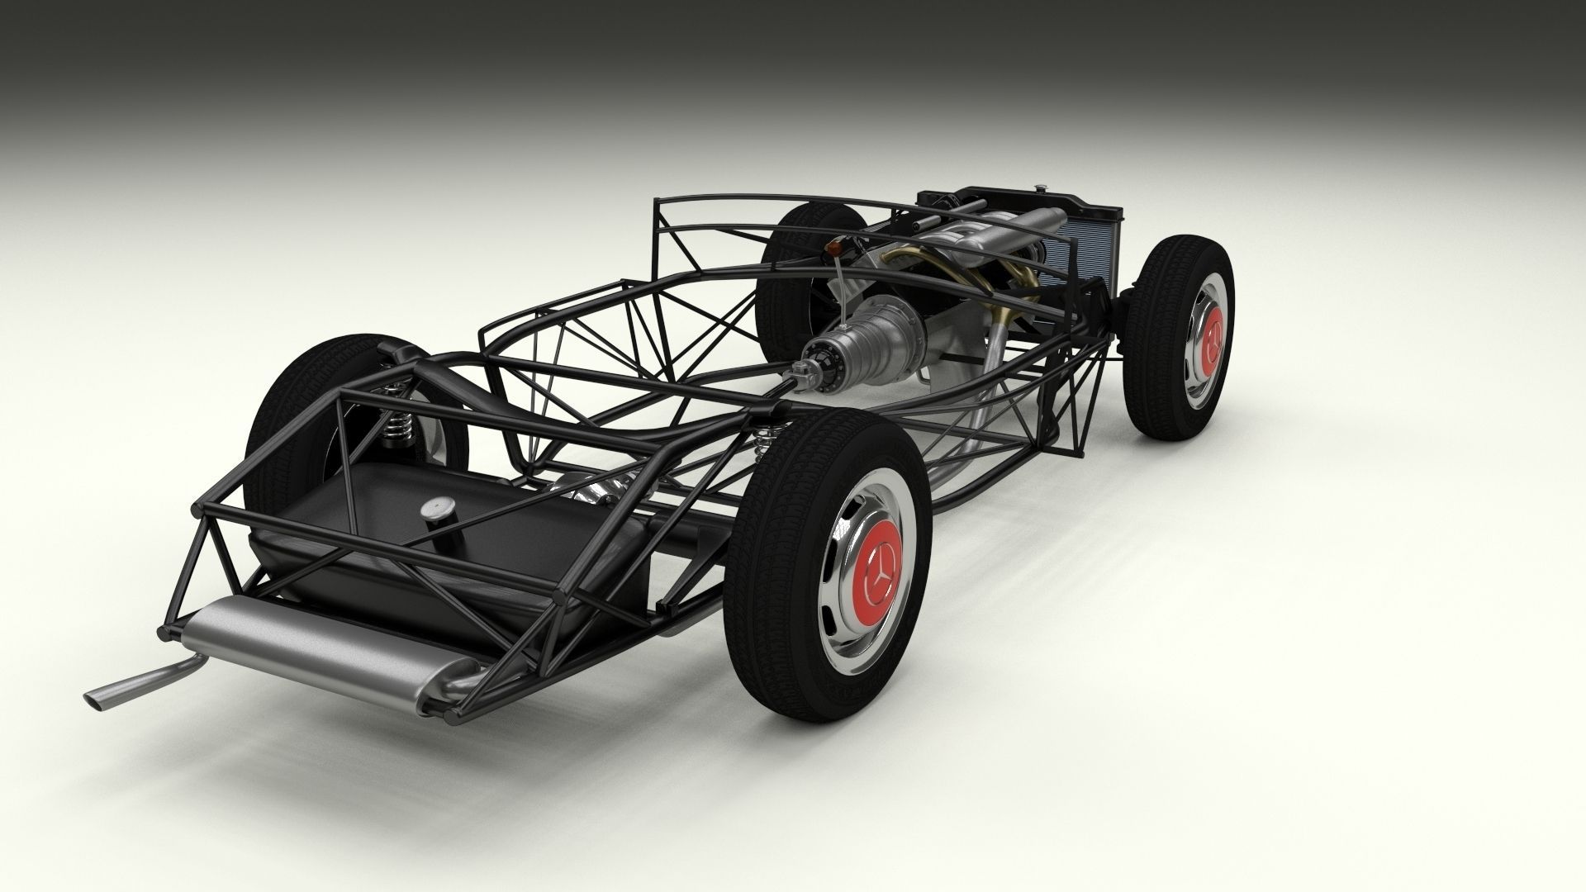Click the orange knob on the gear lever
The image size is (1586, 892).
point(838,249)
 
